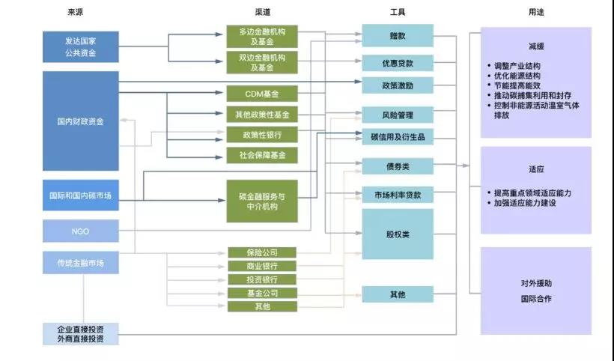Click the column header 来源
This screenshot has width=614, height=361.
pos(75,12)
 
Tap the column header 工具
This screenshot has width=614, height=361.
pos(398,12)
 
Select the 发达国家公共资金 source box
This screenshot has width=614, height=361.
pos(81,47)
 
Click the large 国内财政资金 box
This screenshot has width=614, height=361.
pos(81,121)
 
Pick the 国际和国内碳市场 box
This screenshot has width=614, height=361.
pos(81,195)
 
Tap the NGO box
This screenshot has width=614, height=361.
pos(81,231)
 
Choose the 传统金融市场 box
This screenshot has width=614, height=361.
pos(81,263)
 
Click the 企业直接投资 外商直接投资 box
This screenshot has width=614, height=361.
pos(81,334)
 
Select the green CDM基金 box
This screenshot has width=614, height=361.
pos(262,94)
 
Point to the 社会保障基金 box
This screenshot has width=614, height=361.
pos(262,155)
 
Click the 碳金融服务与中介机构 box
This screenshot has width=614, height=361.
pos(262,201)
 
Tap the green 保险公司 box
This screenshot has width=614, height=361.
pos(262,252)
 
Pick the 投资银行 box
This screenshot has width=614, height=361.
pos(262,279)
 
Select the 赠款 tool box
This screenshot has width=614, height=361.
pos(398,36)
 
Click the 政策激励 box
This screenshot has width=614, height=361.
pos(398,85)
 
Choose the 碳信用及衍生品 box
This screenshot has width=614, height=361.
pos(398,136)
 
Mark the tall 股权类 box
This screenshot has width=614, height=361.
pos(398,234)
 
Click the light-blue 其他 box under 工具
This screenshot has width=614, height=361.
pos(398,294)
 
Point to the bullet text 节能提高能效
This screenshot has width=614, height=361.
pos(517,85)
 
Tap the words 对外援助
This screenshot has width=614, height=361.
pos(536,283)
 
